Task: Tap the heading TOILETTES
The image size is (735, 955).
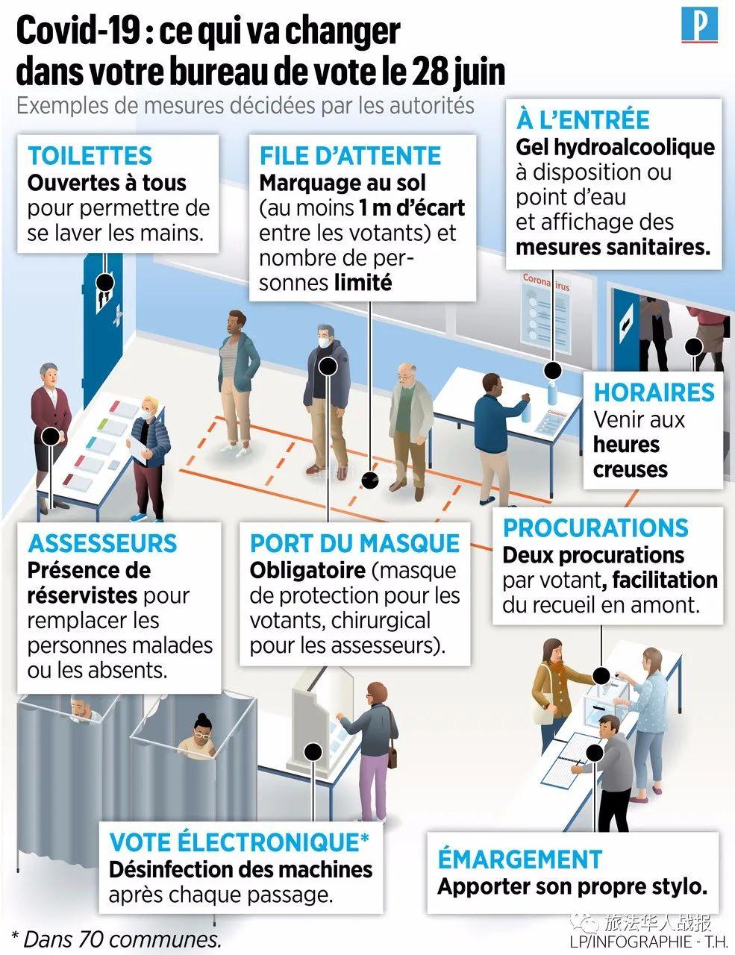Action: coord(90,156)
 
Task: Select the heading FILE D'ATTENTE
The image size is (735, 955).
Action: coord(350,156)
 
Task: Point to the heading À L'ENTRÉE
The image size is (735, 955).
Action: coord(583,119)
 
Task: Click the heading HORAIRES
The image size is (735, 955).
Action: coord(654,392)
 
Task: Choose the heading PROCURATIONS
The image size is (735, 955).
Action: coord(595,527)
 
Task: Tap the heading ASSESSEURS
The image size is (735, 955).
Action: coord(102,543)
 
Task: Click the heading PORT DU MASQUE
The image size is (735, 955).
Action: coord(354,543)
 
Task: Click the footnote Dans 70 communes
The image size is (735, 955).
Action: coord(116,936)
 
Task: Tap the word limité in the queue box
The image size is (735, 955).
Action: coord(363,283)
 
